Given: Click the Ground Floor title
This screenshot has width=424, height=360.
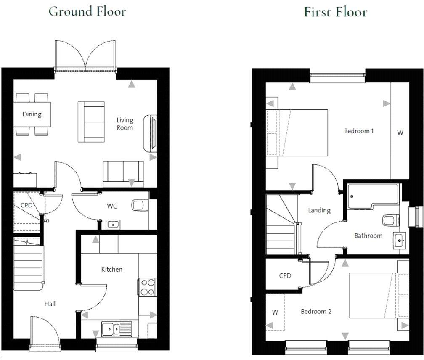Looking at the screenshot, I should pos(87,11).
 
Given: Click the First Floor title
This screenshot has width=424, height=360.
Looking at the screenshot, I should pos(335,12).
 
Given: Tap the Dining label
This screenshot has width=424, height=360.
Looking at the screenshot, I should pos(32,114).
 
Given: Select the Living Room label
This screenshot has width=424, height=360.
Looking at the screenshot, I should pos(125,124).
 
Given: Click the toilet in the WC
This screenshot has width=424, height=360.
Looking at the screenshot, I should pos(139,206).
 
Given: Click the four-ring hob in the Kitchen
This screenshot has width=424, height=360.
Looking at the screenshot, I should pos(147,287).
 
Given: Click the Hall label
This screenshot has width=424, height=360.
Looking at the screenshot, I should pos(50,304).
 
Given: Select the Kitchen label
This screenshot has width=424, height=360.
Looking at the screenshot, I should pos(111,269).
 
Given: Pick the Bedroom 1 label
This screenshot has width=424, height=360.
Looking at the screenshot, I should pos(359,131).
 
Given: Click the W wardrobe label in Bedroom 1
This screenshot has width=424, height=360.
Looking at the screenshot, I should pos(400,133).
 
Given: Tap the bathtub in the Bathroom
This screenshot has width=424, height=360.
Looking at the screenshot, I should pos(372,196).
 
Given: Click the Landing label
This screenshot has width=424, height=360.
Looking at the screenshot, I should pos(319,210).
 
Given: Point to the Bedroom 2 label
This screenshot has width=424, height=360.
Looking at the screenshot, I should pos(316,312).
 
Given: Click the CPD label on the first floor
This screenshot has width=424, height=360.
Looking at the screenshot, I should pos(285,276).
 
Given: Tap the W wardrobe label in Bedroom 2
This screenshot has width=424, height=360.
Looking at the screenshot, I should pos(275,312).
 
